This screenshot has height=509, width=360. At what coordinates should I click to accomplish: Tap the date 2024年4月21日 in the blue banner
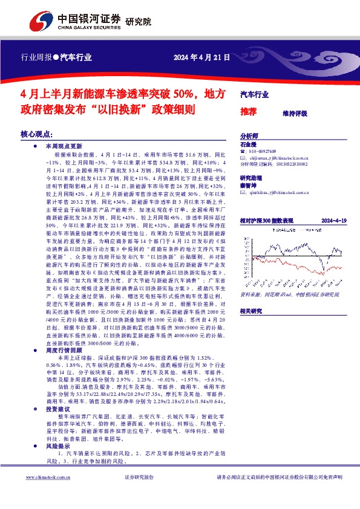201,58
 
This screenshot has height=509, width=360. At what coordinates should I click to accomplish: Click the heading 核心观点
37,134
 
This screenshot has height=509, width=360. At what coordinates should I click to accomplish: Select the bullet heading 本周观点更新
64,146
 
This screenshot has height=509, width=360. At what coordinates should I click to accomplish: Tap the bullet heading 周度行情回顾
64,333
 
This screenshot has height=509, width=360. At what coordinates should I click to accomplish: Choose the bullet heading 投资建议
60,392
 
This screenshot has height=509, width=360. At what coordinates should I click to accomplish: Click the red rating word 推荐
248,112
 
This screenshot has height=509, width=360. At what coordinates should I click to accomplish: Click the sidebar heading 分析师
249,137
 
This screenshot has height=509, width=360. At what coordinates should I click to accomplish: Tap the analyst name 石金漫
248,144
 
